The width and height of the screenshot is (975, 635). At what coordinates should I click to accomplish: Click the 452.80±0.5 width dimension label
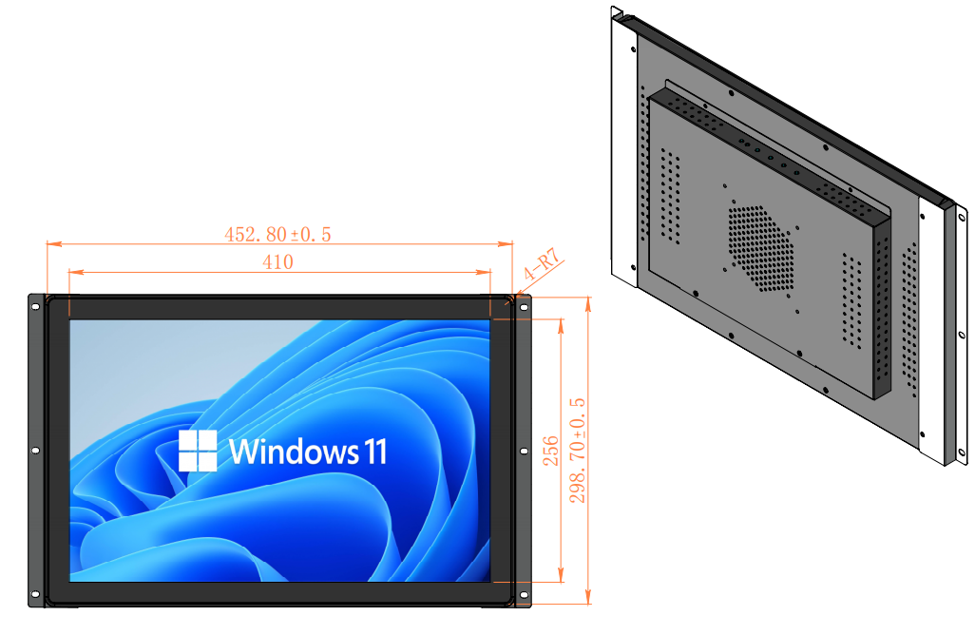(x=277, y=234)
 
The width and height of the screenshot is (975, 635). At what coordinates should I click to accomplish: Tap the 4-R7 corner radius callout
(x=542, y=270)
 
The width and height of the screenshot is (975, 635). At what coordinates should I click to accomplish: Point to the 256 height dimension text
(x=550, y=451)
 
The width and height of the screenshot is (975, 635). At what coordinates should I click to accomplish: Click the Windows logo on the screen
(x=198, y=451)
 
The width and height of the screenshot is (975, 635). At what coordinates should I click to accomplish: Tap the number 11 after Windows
(x=374, y=451)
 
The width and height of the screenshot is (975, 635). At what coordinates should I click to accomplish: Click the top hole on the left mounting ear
(x=36, y=306)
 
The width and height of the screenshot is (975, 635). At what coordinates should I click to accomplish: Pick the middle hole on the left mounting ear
(x=36, y=451)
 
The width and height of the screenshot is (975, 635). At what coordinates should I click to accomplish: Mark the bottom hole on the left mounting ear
(x=36, y=596)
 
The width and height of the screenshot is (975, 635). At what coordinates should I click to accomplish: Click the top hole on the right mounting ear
(x=522, y=306)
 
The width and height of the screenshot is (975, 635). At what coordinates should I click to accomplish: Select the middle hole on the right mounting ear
(x=522, y=451)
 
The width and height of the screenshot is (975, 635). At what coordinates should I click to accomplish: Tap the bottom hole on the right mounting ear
(x=522, y=596)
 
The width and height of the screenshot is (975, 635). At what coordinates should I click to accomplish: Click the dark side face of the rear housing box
(x=883, y=304)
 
